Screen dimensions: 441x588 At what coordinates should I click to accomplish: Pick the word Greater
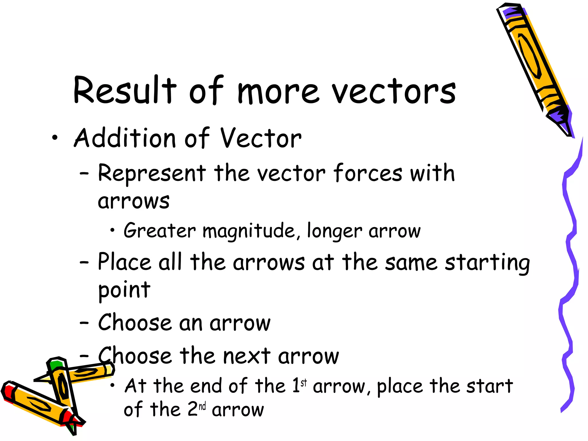click(160, 231)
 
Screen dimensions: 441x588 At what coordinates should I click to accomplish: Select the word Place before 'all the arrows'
click(124, 262)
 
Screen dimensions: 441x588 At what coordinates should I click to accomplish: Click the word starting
click(487, 263)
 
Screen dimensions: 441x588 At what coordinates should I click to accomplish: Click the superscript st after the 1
click(304, 382)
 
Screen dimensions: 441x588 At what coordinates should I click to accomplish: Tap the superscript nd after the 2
click(202, 406)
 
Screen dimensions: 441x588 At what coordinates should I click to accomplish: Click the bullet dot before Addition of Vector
click(55, 138)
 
